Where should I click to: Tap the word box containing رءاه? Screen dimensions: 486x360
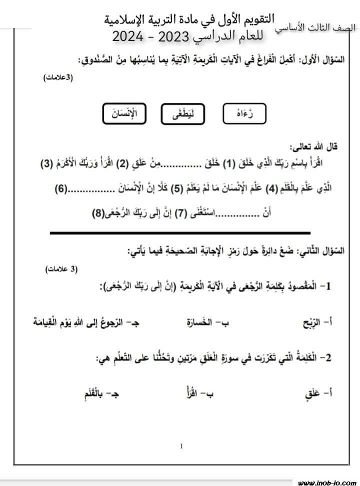point(244,113)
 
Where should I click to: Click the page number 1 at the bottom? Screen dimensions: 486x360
point(181,445)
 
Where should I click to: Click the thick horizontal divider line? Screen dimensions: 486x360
point(180,232)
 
